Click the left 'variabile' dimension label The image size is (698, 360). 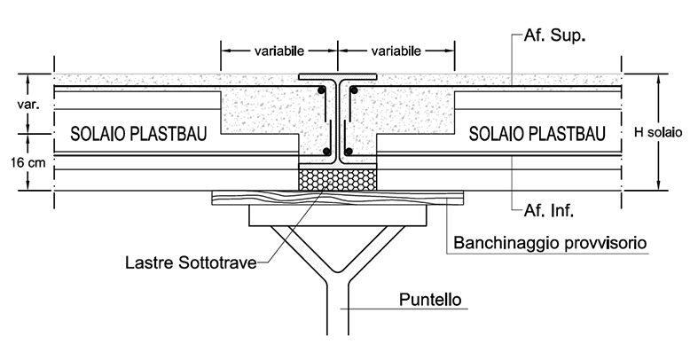point(278,51)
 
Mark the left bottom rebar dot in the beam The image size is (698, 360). point(327,153)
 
